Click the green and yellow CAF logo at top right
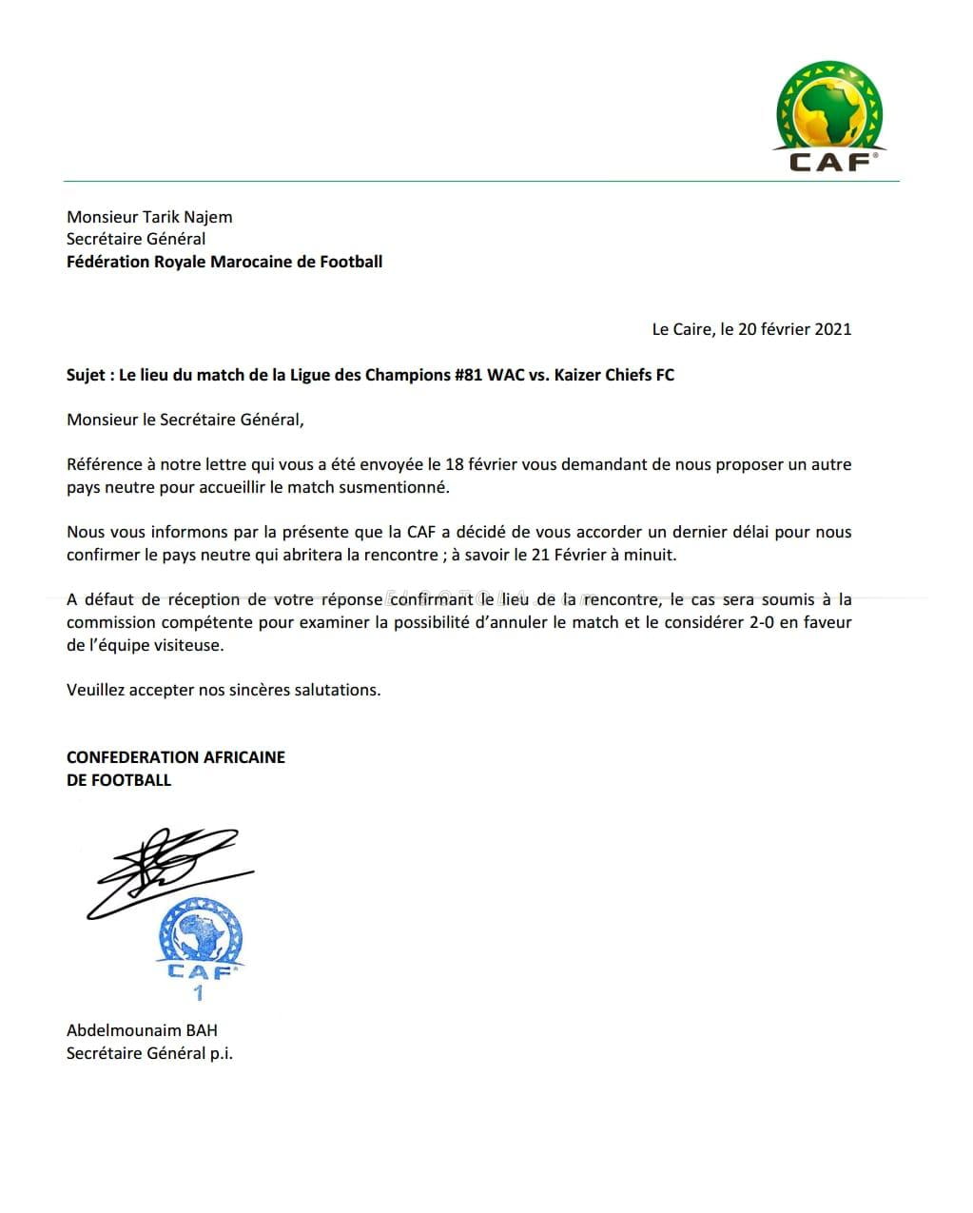pos(829,117)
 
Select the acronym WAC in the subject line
pos(506,375)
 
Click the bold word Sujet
pos(86,375)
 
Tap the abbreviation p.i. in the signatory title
pos(221,1053)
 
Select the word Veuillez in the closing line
pos(95,690)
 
